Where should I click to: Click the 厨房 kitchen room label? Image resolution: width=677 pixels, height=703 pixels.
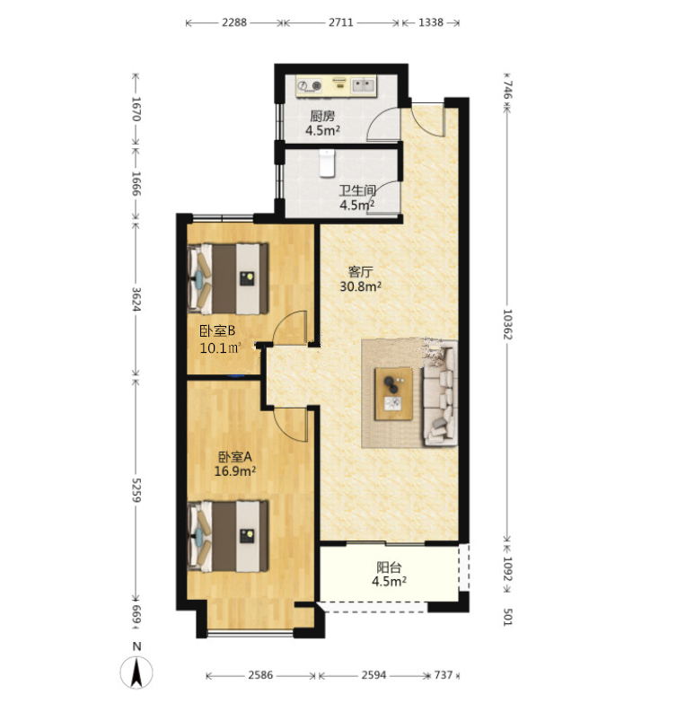(322, 117)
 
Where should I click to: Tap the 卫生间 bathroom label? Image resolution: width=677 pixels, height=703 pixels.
(356, 190)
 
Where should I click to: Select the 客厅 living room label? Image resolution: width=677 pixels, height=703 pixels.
(360, 272)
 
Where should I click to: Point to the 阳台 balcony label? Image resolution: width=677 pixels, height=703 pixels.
(389, 567)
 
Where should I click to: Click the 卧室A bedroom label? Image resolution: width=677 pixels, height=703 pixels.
(235, 457)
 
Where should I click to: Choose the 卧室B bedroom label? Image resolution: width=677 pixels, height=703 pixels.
(217, 331)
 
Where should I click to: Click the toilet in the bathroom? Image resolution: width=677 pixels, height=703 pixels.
(327, 163)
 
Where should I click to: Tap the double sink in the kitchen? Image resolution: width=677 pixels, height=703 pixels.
(363, 84)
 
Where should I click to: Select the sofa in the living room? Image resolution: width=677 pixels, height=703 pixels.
(440, 393)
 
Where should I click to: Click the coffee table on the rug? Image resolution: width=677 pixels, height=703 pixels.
(393, 393)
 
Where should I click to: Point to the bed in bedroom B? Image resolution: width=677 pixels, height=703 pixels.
(228, 279)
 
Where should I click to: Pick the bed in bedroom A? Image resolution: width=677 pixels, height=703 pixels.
(228, 536)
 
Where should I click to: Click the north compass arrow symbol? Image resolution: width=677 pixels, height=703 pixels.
(136, 672)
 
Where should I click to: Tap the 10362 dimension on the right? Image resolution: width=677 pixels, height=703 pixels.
(507, 324)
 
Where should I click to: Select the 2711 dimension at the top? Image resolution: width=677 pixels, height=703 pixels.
(340, 22)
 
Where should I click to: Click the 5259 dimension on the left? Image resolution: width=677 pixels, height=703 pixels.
(136, 490)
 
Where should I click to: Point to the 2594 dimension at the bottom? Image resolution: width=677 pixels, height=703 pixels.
(374, 675)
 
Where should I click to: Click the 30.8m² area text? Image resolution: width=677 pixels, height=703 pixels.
(360, 286)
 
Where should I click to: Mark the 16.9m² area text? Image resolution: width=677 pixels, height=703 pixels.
(235, 471)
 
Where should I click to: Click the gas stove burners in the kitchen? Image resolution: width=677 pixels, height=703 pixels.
(310, 85)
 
